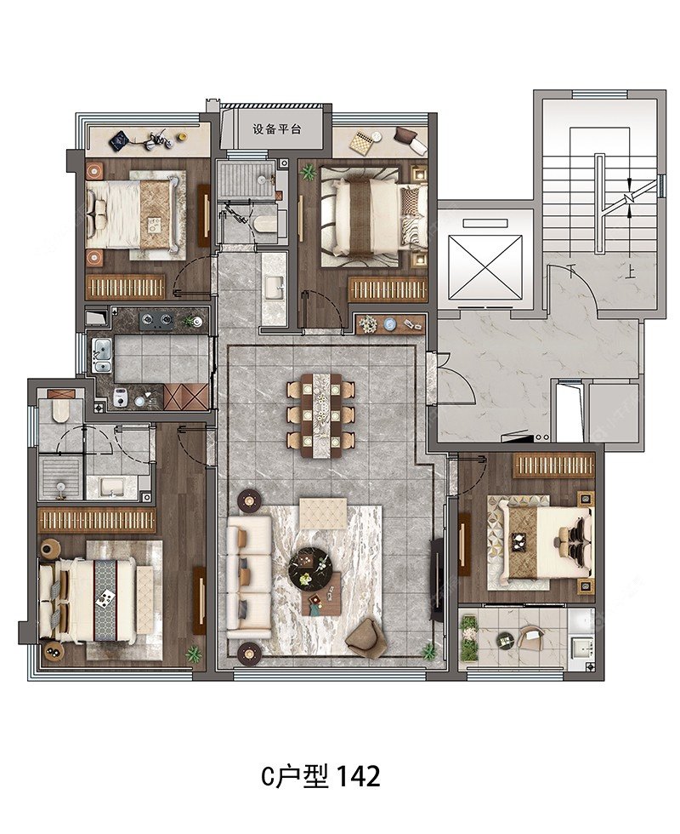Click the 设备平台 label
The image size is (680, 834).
[277, 129]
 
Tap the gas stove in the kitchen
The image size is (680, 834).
[156, 319]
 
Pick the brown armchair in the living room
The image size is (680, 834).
[365, 637]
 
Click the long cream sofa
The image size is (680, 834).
[248, 576]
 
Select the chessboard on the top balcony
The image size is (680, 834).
[359, 141]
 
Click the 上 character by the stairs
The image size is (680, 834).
[631, 273]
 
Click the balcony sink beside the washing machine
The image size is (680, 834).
[581, 648]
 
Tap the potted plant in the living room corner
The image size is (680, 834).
[428, 651]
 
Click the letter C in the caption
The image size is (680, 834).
[267, 777]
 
